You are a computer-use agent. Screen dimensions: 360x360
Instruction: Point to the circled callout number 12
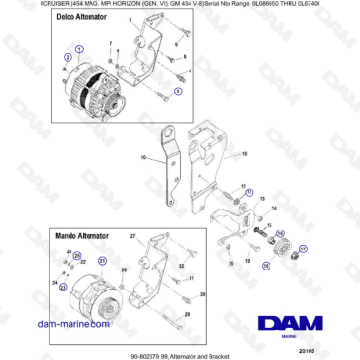coord(250,191)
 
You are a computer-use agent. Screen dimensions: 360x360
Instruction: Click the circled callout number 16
coord(280,231)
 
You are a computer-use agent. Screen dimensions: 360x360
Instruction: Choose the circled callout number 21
coord(102,260)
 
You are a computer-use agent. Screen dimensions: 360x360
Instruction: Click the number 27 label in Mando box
coord(134,234)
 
